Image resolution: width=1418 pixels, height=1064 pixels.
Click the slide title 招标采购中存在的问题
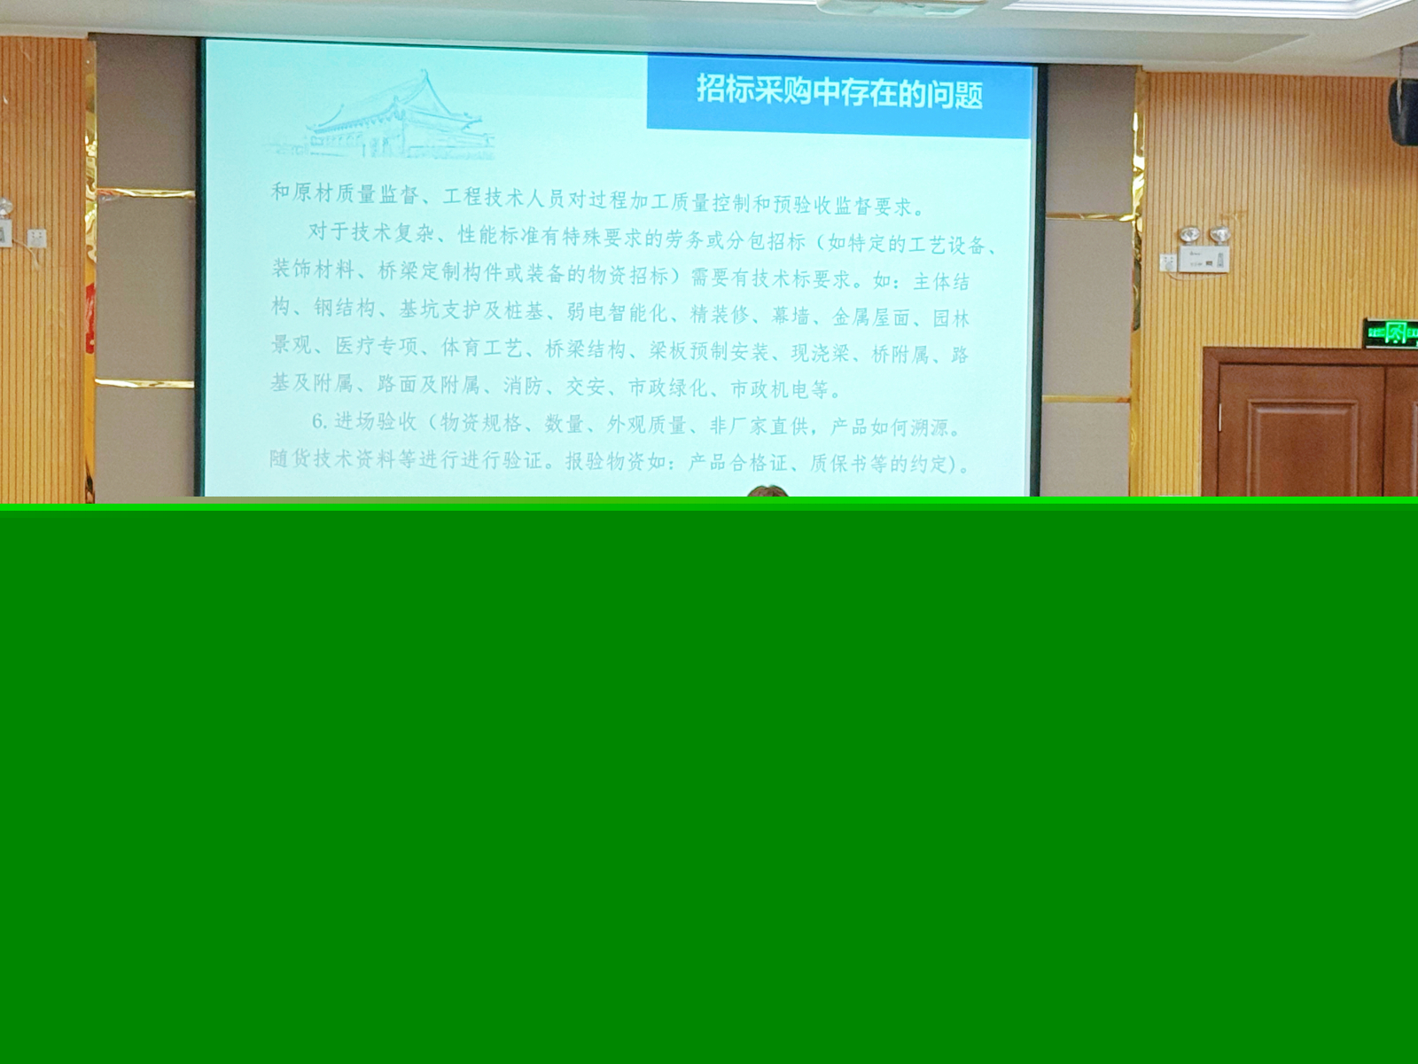point(839,91)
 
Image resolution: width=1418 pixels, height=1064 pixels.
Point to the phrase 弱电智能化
point(617,312)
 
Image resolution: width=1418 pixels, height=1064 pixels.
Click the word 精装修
point(721,314)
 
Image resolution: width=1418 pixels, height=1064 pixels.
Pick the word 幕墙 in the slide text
point(791,316)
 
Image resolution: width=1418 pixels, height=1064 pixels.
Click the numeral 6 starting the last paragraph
point(318,420)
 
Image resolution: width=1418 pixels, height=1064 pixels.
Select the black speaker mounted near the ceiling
point(1403,111)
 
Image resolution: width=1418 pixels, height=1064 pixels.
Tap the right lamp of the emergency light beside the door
point(1219,235)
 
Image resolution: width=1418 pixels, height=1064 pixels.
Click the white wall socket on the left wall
point(36,238)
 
